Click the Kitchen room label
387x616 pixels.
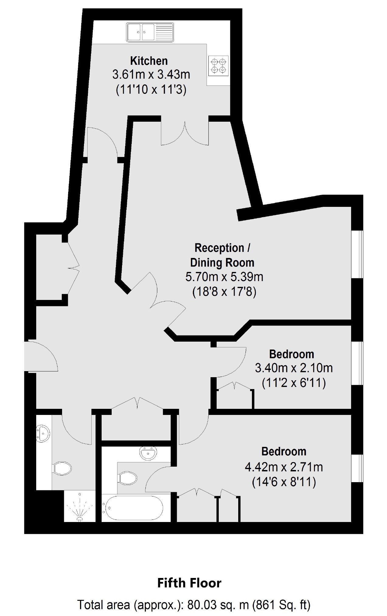[149, 61]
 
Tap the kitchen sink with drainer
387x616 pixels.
[150, 32]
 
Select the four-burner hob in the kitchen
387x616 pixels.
[219, 65]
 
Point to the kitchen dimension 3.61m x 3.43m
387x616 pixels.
[151, 75]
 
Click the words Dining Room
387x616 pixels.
[222, 263]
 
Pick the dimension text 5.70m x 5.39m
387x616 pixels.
[224, 277]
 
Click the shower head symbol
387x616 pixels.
[80, 508]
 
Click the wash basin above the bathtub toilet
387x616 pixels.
[148, 453]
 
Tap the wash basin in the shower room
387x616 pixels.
[43, 433]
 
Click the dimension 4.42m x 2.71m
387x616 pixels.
[284, 467]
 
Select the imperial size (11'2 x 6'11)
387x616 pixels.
[294, 383]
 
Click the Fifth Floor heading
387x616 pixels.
[189, 583]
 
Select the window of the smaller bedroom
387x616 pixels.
[357, 364]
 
